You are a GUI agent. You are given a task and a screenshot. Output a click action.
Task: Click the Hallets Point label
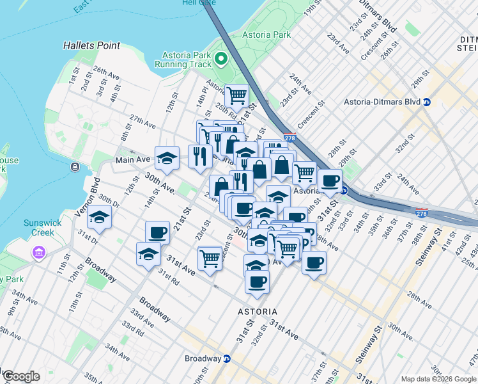[92, 45]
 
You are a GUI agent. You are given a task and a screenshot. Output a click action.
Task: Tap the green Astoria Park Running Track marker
[221, 60]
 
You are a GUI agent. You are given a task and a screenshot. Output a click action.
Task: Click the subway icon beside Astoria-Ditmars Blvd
[427, 102]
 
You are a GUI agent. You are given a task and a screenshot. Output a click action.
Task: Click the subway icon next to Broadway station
[226, 358]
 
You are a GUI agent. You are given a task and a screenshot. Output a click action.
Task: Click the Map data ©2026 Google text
[438, 379]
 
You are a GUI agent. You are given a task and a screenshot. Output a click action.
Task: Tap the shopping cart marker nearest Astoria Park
[236, 96]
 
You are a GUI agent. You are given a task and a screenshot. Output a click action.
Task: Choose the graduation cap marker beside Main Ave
[167, 158]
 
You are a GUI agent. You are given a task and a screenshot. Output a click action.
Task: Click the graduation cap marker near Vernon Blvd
[99, 218]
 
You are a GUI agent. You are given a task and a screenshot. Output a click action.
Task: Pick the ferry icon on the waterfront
[75, 167]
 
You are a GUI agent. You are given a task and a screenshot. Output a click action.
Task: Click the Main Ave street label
[132, 159]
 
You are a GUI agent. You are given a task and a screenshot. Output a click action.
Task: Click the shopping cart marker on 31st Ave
[210, 258]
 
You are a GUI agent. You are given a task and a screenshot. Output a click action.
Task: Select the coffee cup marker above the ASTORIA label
[257, 282]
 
